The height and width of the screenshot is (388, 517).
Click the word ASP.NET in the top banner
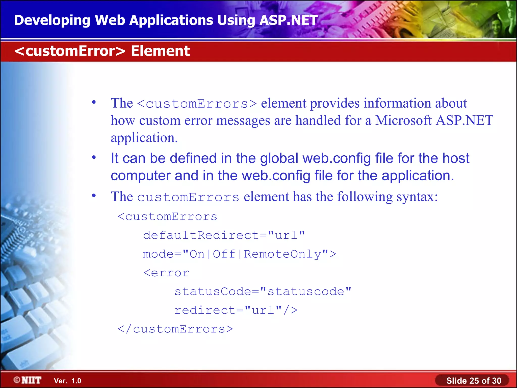[288, 20]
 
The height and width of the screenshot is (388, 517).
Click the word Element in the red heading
[160, 51]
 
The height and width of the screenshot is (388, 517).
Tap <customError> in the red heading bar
[70, 51]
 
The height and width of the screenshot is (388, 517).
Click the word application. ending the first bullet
[144, 138]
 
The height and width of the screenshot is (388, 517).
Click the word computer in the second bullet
[140, 176]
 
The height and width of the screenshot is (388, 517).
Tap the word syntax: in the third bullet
[417, 197]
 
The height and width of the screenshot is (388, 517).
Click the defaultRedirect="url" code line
[224, 235]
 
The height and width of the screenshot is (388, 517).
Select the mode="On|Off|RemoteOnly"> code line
[240, 254]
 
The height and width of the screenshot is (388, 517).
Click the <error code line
[166, 273]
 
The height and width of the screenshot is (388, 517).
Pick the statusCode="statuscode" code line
[263, 292]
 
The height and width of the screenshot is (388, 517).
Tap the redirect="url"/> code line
[236, 310]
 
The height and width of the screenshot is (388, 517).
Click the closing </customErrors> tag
[175, 329]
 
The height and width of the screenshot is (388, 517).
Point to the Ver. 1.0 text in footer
[67, 381]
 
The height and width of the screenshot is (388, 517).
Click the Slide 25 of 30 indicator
[473, 381]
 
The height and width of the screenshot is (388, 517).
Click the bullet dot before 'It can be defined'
[94, 158]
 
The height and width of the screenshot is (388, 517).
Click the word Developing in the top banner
[52, 20]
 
